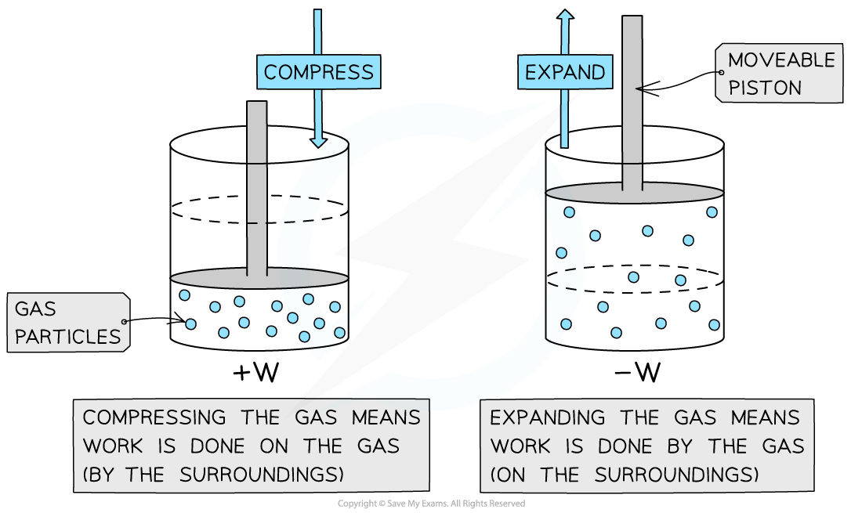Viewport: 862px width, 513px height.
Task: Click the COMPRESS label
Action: click(318, 72)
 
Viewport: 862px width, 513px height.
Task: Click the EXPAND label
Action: click(564, 72)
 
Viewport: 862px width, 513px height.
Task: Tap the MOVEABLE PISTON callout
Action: click(780, 74)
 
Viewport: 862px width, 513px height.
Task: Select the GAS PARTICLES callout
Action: click(68, 323)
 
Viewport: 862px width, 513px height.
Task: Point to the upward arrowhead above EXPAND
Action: click(564, 14)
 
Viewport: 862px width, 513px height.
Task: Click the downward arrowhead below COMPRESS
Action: click(318, 142)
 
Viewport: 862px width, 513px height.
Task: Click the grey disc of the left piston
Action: click(259, 278)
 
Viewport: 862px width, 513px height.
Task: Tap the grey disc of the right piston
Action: click(633, 193)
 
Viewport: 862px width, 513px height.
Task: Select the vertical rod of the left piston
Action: click(257, 188)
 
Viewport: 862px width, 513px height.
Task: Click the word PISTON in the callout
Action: click(766, 88)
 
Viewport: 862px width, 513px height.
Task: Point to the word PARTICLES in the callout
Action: click(68, 337)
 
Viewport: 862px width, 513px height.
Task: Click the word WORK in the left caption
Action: click(114, 446)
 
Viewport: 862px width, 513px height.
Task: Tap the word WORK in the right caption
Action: click(521, 446)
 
